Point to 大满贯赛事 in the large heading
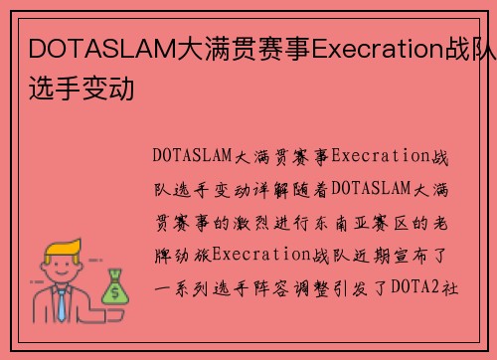pos(243,48)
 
